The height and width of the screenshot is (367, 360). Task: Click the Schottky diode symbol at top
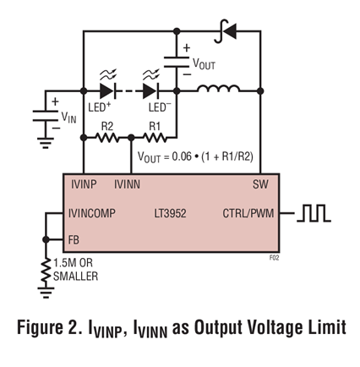click(x=226, y=31)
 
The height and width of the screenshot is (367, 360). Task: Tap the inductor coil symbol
click(x=219, y=88)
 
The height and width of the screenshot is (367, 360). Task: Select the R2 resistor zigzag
click(x=107, y=138)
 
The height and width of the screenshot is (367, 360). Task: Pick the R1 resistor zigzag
click(x=155, y=138)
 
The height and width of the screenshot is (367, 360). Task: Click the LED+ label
click(x=100, y=107)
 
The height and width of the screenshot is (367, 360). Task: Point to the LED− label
click(x=160, y=107)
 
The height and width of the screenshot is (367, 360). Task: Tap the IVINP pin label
click(x=84, y=184)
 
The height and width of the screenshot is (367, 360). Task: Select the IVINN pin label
click(x=127, y=184)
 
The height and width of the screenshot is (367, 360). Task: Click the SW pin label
click(x=260, y=184)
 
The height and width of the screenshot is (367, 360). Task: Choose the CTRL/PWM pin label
click(x=248, y=213)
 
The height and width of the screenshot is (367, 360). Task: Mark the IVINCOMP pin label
click(x=92, y=213)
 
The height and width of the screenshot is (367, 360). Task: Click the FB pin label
click(x=74, y=240)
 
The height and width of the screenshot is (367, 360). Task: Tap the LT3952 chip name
click(x=170, y=213)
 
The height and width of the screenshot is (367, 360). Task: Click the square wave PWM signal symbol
click(x=314, y=213)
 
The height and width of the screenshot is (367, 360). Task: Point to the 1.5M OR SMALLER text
click(x=75, y=270)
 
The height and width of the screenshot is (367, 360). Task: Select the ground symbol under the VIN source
click(x=46, y=143)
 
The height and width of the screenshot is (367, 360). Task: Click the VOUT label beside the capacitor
click(x=204, y=64)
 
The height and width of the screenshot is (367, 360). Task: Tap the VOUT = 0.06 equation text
click(x=195, y=156)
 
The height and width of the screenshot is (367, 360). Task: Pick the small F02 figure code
click(x=274, y=258)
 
